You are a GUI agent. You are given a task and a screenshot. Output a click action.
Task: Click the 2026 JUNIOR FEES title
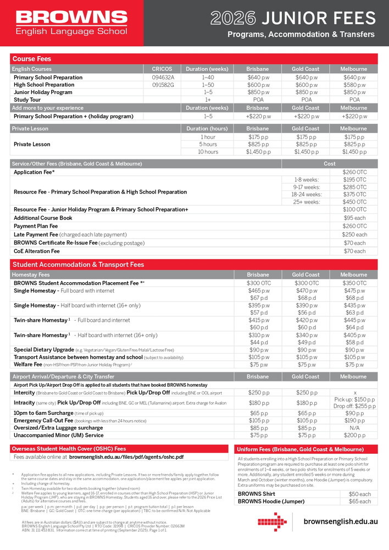tap(293, 19)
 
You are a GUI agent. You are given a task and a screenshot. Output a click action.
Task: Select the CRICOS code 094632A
tap(163, 78)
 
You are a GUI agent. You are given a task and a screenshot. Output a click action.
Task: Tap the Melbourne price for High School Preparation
tap(354, 85)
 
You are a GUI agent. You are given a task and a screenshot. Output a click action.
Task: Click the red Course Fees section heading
tap(32, 58)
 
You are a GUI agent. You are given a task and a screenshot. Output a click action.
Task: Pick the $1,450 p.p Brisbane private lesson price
tap(258, 152)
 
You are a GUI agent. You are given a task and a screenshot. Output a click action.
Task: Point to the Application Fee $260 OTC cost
tap(354, 172)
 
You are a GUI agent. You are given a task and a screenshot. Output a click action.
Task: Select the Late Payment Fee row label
tap(70, 234)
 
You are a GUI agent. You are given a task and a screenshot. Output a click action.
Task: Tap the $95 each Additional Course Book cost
tap(354, 218)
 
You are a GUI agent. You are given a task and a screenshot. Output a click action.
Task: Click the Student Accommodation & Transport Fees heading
tap(78, 265)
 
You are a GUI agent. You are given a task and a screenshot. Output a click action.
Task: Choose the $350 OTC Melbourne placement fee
tap(354, 283)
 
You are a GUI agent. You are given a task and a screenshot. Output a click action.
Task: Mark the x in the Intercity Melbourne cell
tap(354, 392)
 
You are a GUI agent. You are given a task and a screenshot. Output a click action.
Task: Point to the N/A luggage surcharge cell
tap(354, 427)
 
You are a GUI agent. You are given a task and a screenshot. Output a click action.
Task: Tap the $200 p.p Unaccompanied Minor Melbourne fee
tap(354, 435)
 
